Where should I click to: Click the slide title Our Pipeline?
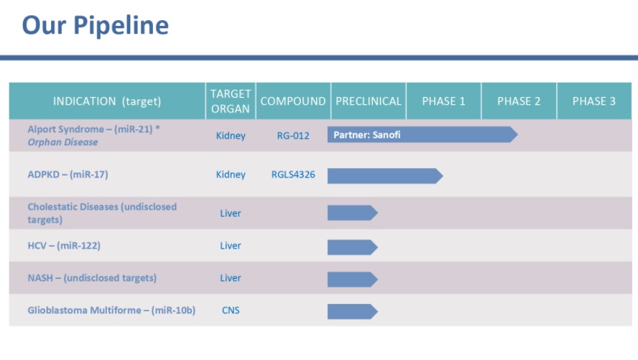[96, 25]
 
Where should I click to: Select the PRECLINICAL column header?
[368, 101]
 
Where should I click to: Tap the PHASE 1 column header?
[443, 101]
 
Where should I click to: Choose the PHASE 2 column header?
[519, 101]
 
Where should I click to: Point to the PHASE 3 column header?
[593, 101]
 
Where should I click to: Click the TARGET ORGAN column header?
[231, 101]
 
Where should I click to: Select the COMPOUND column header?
[293, 101]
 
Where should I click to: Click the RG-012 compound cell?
[293, 135]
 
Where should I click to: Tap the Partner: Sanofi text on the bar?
[366, 135]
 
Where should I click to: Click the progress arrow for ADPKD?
[384, 175]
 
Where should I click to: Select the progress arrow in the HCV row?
[352, 247]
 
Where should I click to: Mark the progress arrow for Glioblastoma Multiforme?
[352, 311]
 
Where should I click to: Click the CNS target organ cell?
[231, 310]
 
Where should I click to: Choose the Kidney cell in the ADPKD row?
[231, 175]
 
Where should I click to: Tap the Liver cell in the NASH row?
[231, 278]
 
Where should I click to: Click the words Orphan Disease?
[63, 142]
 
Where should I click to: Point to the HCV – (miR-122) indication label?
[64, 246]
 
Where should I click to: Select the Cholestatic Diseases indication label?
[102, 213]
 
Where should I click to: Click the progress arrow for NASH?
[352, 279]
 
